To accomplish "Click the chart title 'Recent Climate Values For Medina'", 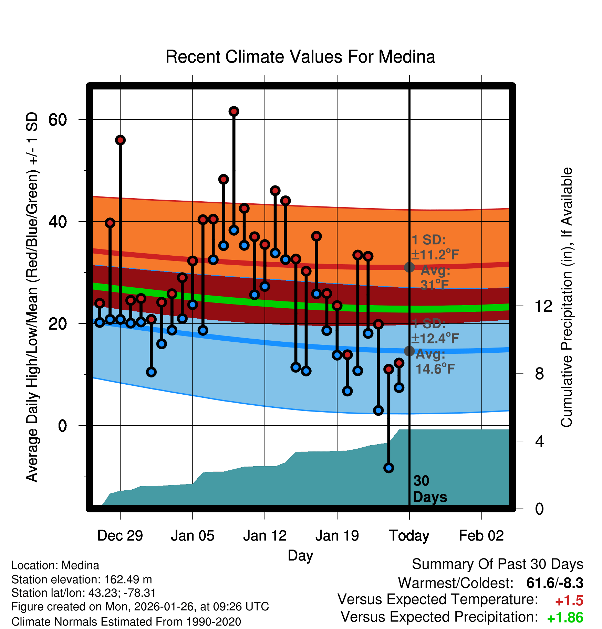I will (x=300, y=57).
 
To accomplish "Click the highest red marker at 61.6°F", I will (x=234, y=111).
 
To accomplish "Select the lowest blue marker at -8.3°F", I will (x=388, y=468).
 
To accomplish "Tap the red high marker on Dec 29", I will (x=120, y=140).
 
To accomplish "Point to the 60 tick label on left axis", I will (x=57, y=120).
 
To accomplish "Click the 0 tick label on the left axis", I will (x=62, y=426).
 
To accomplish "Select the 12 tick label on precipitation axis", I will (x=543, y=306).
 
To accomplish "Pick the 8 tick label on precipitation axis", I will (x=539, y=374).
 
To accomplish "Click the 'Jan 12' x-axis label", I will (x=264, y=536).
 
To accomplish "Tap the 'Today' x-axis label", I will (x=409, y=536).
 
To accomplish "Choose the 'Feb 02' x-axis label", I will (x=481, y=536).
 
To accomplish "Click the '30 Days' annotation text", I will (x=429, y=489).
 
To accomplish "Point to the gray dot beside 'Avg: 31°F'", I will (x=409, y=267).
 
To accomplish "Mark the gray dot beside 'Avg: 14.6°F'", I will (x=409, y=351).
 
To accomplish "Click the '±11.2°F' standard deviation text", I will (x=435, y=255).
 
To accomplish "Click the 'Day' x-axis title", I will (x=300, y=555).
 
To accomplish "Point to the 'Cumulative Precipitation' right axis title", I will (x=567, y=297).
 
